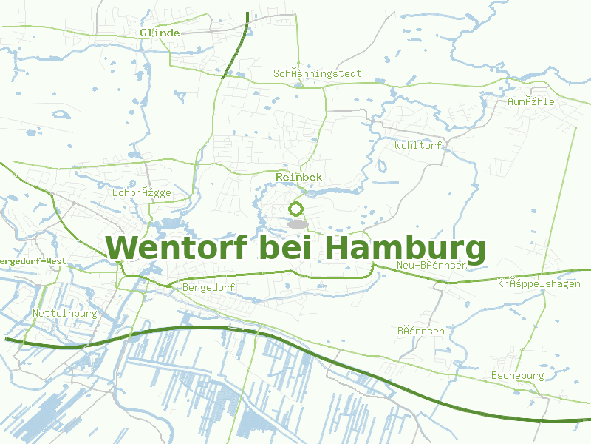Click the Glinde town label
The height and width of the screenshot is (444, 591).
point(160,33)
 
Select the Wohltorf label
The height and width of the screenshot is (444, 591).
point(418,145)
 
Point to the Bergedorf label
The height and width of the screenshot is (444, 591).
point(208,287)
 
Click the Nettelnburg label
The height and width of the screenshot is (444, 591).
point(65,314)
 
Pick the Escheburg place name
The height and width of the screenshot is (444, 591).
point(517,376)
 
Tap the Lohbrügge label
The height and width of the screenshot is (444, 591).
point(142,193)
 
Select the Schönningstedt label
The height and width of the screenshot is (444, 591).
point(318,74)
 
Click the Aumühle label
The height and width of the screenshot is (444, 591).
point(531,102)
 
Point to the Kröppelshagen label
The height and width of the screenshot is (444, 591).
point(539,284)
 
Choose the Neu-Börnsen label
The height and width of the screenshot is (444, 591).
point(431,266)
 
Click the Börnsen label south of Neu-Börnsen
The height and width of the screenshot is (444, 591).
point(421,331)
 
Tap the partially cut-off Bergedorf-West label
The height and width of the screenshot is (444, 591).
point(33,261)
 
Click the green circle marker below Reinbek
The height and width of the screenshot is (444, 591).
point(296,209)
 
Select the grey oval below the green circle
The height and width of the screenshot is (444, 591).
point(297,223)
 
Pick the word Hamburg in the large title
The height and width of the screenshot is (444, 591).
point(405,248)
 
